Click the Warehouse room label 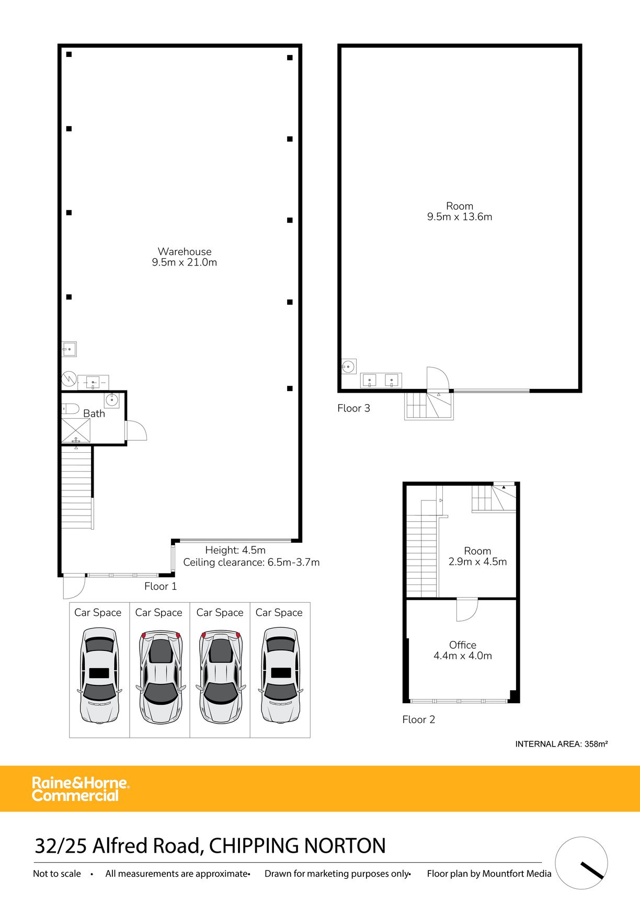point(185,251)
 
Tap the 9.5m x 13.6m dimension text point(460,217)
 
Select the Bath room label point(94,414)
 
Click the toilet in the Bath point(70,408)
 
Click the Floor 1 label point(161,587)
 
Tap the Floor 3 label point(353,408)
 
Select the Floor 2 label point(418,720)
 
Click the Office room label point(463,645)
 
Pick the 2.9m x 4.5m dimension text point(477,562)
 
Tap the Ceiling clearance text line point(251,563)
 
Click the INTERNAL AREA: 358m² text point(561,744)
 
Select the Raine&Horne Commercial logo point(81,789)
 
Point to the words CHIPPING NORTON point(297,846)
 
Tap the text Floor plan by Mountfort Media point(489,874)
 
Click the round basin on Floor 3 point(348,366)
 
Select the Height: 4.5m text point(235,550)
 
